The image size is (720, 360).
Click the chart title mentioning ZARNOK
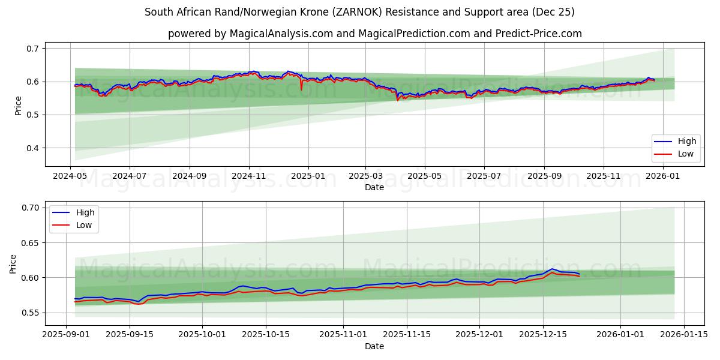point(359,12)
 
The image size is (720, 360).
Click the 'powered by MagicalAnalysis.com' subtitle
point(374,34)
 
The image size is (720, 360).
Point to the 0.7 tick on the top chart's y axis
point(33,48)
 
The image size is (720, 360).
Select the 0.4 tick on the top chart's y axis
point(33,148)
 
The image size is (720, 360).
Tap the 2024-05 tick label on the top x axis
point(71,176)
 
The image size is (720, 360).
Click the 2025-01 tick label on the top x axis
point(308,176)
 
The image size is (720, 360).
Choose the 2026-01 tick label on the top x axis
point(662,176)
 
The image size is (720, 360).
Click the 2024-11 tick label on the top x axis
point(249,176)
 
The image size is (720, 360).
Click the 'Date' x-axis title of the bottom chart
point(374,347)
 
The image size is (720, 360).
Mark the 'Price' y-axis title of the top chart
point(18,106)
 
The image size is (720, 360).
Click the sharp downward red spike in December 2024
point(301,89)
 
